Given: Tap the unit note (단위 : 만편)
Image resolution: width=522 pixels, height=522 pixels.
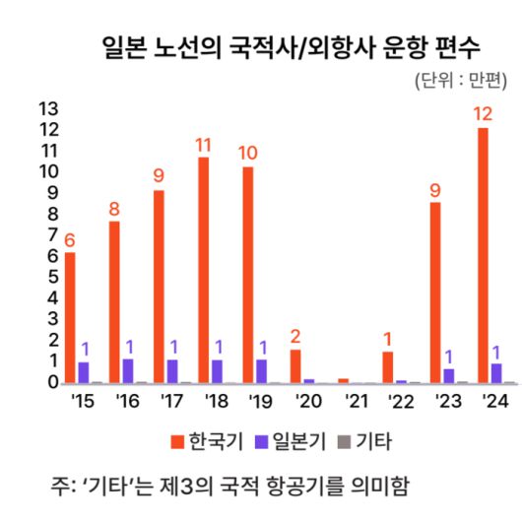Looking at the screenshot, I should [462, 81].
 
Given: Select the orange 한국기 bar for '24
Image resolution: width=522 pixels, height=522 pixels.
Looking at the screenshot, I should [483, 256].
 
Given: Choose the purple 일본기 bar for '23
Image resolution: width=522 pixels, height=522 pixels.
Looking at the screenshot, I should [449, 375].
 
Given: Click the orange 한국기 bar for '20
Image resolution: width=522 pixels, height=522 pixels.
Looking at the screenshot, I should [295, 365].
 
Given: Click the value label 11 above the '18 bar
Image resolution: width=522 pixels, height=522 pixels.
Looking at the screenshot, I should [203, 145].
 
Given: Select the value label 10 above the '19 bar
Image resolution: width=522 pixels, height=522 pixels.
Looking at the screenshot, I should [247, 153].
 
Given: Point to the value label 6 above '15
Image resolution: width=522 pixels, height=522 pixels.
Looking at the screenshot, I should [69, 239].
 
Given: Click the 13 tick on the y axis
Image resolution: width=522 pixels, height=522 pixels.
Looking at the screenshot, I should [47, 108].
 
